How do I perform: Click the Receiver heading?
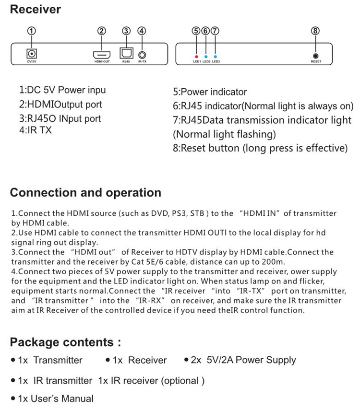pyautogui.click(x=36, y=9)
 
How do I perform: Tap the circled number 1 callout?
pyautogui.click(x=32, y=31)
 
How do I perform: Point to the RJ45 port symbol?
pyautogui.click(x=126, y=54)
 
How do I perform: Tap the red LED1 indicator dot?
pyautogui.click(x=196, y=56)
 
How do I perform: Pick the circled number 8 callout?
pyautogui.click(x=315, y=31)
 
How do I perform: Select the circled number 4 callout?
pyautogui.click(x=142, y=31)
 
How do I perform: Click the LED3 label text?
pyautogui.click(x=216, y=61)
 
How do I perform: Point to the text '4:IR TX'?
pyautogui.click(x=36, y=129)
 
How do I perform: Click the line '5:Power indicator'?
pyautogui.click(x=210, y=92)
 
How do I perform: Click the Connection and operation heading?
pyautogui.click(x=85, y=193)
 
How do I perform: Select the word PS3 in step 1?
pyautogui.click(x=179, y=213)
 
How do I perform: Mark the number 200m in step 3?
pyautogui.click(x=275, y=262)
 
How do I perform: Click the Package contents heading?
pyautogui.click(x=65, y=342)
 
